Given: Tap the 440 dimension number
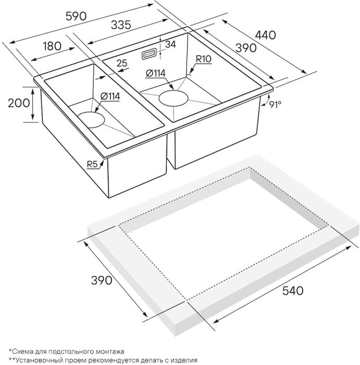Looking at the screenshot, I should (x=265, y=35).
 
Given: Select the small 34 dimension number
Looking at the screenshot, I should (x=170, y=44).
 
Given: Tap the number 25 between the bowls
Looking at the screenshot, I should (x=122, y=64).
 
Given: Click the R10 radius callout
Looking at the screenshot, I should (x=204, y=59).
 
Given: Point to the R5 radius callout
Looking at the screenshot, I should (x=93, y=165).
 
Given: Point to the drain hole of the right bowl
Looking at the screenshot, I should (x=173, y=99).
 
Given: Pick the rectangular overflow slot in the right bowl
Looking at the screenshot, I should (x=149, y=52).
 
